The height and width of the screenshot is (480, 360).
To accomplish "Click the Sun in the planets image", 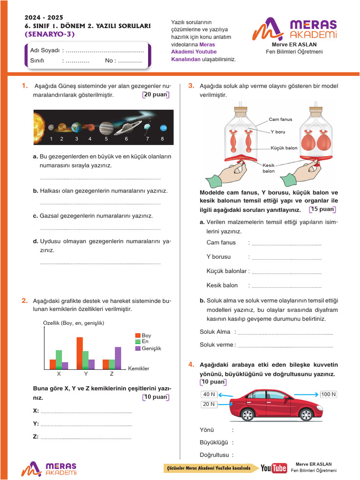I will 37,127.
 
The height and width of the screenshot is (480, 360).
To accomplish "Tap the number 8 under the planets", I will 162,139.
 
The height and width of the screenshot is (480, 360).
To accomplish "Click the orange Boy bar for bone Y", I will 79,353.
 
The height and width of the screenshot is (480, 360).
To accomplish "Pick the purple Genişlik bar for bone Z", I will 118,358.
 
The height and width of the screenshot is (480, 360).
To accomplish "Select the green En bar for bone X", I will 59,360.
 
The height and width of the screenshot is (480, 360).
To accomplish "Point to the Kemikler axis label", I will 138,368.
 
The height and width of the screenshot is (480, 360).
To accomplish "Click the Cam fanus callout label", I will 280,120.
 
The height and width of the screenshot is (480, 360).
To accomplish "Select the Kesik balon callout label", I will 268,168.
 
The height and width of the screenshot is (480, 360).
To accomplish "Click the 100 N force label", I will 328,394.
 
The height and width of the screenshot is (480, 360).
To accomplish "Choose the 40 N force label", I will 209,394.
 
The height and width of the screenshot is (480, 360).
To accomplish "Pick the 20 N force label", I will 209,404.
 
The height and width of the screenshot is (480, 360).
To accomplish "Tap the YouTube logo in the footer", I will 274,468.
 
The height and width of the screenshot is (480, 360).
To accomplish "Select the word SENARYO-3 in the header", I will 49,34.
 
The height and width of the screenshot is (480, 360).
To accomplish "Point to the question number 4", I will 191,365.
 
